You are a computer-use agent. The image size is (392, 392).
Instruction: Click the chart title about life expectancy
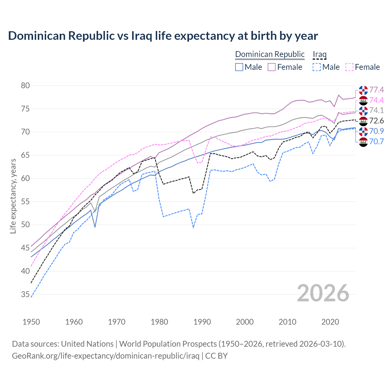(163, 36)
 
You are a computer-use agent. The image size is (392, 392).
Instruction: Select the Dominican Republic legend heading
(269, 54)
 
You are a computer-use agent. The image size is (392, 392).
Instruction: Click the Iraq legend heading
(319, 54)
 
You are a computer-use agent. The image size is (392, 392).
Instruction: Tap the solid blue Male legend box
(239, 67)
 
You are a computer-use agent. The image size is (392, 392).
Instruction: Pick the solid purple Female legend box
(272, 67)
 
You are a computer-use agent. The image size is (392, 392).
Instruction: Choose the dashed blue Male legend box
(317, 67)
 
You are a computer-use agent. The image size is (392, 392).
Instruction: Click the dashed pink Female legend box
(349, 67)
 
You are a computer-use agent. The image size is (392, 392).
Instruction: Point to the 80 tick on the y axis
(25, 85)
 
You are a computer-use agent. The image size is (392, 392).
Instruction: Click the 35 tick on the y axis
(25, 294)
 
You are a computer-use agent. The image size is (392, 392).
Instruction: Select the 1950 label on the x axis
(31, 322)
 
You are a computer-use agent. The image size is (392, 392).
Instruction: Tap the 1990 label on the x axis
(202, 322)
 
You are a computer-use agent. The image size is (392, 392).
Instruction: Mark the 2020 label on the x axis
(330, 322)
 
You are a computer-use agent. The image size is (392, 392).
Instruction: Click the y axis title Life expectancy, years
(13, 196)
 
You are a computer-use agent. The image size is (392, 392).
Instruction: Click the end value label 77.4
(376, 90)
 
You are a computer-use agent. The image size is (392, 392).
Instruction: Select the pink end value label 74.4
(376, 100)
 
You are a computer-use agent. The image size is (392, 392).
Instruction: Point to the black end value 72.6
(376, 121)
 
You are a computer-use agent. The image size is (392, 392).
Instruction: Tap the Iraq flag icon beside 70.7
(363, 142)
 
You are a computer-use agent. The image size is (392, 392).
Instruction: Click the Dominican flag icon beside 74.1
(363, 111)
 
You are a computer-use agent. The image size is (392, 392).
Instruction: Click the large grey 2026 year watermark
(323, 293)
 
